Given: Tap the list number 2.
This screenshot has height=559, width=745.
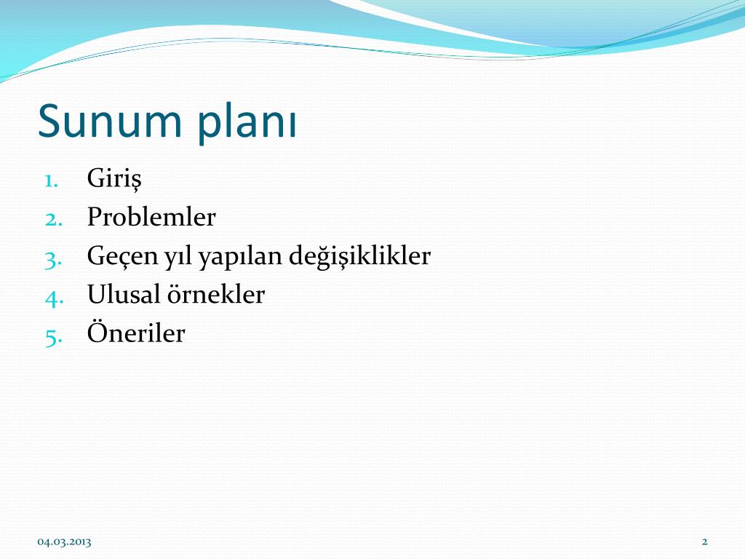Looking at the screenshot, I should point(54,218).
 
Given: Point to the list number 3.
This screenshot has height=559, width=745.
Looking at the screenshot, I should point(54,257).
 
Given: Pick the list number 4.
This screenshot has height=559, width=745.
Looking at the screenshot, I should point(54,296).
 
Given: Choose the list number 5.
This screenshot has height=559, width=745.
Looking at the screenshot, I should point(54,336).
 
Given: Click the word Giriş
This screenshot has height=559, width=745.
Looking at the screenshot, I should point(114,179).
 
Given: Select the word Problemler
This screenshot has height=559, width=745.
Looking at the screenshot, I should point(151,217).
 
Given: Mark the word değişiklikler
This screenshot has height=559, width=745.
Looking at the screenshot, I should point(359,257).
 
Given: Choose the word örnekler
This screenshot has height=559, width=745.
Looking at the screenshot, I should point(215,295).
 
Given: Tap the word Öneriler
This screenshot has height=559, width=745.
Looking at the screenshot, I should point(136,333).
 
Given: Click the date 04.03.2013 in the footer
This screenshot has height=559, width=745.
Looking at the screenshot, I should point(65,541).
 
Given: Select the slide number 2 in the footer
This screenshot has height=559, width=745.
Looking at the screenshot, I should point(704,541).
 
